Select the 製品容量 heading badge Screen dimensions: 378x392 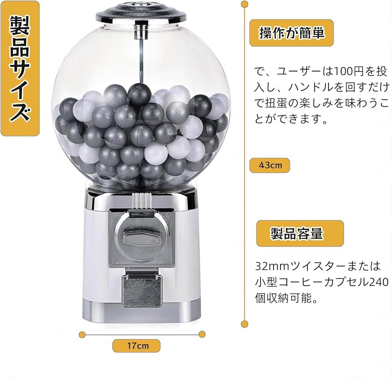click(x=299, y=233)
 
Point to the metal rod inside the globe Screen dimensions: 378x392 click(x=141, y=57)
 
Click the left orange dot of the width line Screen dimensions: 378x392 click(x=82, y=335)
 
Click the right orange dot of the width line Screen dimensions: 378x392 click(x=202, y=335)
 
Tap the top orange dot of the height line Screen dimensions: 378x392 click(x=244, y=4)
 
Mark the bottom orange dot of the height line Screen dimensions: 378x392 click(x=244, y=325)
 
